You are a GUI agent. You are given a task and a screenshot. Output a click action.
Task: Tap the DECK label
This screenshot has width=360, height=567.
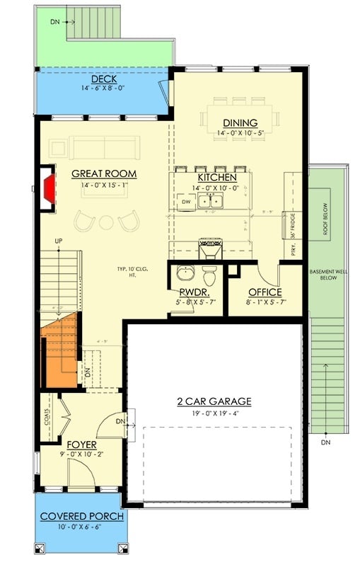104,79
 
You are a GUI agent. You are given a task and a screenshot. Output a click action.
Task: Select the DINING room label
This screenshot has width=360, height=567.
240,122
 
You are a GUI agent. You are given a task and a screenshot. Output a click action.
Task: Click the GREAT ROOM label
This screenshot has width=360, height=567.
104,174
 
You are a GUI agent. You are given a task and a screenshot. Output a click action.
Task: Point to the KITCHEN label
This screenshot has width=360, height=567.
216,177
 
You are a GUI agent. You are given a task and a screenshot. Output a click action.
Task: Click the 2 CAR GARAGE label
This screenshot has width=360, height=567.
214,401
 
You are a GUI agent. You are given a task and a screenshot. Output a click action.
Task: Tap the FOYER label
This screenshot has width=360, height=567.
82,445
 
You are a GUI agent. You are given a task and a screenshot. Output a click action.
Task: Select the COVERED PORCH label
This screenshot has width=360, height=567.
82,517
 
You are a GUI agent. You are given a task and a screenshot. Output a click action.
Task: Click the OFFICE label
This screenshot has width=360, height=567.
265,292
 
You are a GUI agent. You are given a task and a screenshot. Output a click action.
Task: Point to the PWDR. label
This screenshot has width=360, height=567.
192,292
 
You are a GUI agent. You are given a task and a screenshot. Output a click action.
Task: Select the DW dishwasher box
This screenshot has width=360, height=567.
187,202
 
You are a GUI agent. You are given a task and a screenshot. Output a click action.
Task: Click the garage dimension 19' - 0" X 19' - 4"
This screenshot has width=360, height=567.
214,414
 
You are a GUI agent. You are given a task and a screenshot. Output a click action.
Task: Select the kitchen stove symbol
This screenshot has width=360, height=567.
209,248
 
